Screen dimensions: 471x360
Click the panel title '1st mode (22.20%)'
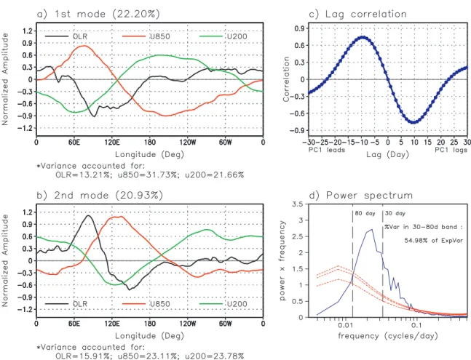click(107, 14)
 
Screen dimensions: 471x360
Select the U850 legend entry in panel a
click(146, 36)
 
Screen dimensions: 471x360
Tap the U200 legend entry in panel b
click(223, 304)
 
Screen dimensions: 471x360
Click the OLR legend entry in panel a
click(66, 36)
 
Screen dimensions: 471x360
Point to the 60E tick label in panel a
click(74, 142)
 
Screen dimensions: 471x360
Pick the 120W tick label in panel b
click(188, 324)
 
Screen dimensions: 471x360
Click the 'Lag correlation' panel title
click(366, 14)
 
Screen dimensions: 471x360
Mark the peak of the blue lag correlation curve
click(363, 37)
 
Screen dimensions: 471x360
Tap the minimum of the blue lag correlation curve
click(414, 122)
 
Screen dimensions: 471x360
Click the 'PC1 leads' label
click(327, 150)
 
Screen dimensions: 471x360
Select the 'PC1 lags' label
click(451, 150)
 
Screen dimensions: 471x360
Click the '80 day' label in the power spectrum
click(365, 213)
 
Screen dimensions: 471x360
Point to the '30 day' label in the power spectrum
click(395, 213)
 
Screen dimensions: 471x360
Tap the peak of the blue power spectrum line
click(372, 230)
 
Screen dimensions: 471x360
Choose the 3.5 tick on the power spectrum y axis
click(299, 204)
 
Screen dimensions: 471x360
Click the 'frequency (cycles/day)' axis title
click(388, 335)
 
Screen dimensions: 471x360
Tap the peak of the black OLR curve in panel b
click(88, 215)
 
